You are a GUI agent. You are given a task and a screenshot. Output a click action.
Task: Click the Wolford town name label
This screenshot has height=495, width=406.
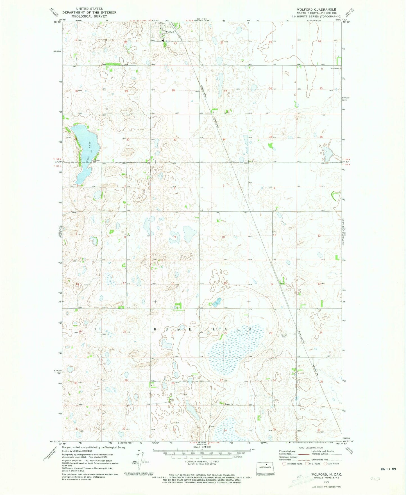click(x=170, y=32)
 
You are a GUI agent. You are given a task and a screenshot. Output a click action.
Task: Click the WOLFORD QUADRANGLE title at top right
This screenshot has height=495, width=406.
click(x=316, y=10)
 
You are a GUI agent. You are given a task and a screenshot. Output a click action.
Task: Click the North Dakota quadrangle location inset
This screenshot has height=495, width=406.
click(x=266, y=467)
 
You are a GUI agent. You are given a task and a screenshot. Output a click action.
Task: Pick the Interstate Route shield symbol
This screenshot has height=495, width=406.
click(x=284, y=464)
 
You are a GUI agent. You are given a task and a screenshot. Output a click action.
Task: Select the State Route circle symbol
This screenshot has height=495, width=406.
click(x=325, y=464)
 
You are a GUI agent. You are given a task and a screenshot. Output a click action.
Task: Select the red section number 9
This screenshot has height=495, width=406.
click(x=175, y=237)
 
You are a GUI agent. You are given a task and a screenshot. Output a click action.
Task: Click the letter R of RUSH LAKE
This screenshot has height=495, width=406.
click(x=155, y=329)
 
